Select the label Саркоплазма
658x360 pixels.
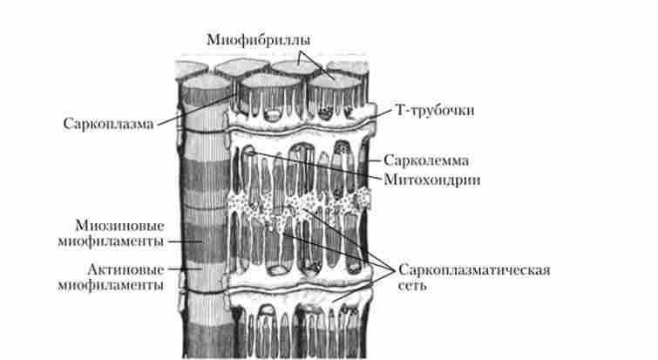coord(108,123)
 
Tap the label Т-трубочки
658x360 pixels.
coord(432,112)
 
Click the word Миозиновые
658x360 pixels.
coord(120,226)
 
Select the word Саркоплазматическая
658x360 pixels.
coord(474,268)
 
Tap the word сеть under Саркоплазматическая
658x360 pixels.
coord(413,286)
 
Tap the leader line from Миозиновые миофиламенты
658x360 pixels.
coord(182,241)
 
